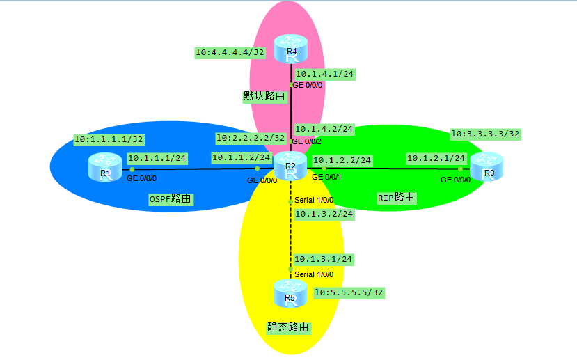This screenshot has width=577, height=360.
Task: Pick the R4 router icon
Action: pos(291,51)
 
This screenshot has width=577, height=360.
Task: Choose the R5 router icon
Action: pos(290,293)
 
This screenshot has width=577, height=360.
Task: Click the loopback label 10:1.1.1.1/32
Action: pos(109,139)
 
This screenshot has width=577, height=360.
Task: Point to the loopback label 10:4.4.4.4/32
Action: pos(230,52)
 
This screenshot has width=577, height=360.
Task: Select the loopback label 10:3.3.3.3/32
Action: pos(486,133)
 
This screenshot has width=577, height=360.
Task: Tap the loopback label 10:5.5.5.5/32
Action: pos(349,292)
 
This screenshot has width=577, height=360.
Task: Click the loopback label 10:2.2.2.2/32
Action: pos(251,138)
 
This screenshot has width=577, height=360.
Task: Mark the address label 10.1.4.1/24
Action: pos(324,73)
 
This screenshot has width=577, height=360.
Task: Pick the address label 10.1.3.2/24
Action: pos(324,214)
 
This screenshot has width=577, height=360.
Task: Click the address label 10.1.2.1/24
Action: pos(436,158)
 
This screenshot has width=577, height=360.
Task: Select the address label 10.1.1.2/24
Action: pos(240,158)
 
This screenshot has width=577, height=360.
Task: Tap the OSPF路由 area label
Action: pos(170,199)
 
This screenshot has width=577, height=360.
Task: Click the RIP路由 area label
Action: pos(395,198)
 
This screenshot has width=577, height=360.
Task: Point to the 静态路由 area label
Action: pos(288,327)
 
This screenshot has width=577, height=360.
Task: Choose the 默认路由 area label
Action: pos(264,97)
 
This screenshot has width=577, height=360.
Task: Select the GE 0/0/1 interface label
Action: pos(327,178)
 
